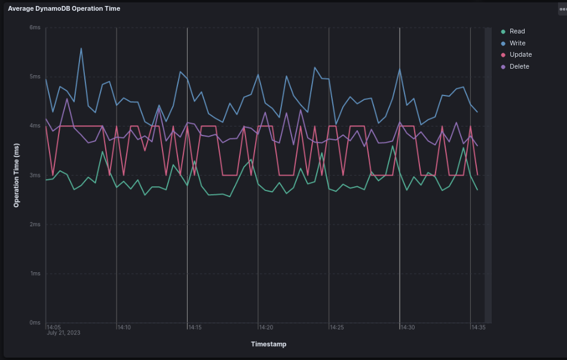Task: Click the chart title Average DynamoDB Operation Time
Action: click(x=64, y=9)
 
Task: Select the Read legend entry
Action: click(x=517, y=32)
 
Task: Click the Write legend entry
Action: click(x=517, y=43)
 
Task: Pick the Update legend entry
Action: click(x=520, y=55)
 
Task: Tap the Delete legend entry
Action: click(x=519, y=67)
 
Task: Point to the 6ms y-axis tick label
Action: click(x=35, y=28)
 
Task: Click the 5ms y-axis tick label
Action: click(x=35, y=77)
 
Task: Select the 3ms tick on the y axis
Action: click(x=35, y=176)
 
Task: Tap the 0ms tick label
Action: click(x=35, y=323)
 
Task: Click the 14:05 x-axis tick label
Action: click(x=54, y=327)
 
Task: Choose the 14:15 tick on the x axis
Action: click(x=195, y=327)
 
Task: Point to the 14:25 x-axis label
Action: click(x=336, y=327)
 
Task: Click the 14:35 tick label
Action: click(x=478, y=327)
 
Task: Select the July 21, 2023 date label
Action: click(x=63, y=333)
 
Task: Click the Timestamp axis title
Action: click(x=268, y=344)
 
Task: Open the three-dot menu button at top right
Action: click(x=561, y=8)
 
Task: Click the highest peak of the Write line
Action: click(x=81, y=48)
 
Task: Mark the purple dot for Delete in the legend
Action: click(x=503, y=67)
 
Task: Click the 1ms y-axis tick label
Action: click(x=35, y=274)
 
